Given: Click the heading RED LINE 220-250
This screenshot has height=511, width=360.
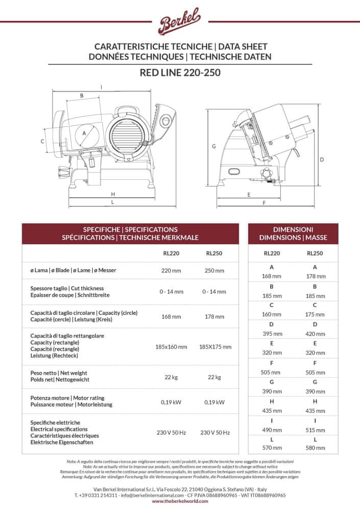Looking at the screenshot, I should click(x=180, y=73).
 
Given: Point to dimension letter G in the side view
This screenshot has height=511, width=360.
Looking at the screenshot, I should click(x=214, y=146).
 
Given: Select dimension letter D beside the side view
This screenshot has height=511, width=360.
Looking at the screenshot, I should click(x=322, y=159).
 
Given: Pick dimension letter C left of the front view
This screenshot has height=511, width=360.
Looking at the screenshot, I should click(x=42, y=141).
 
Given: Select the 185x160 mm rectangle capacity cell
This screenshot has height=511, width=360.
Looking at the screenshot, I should click(x=171, y=347).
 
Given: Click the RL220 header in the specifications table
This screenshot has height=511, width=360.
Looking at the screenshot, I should click(x=171, y=253).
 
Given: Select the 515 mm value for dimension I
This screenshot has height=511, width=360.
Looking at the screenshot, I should click(x=315, y=430).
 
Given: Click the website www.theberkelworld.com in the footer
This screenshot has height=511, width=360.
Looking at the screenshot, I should click(x=180, y=502).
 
